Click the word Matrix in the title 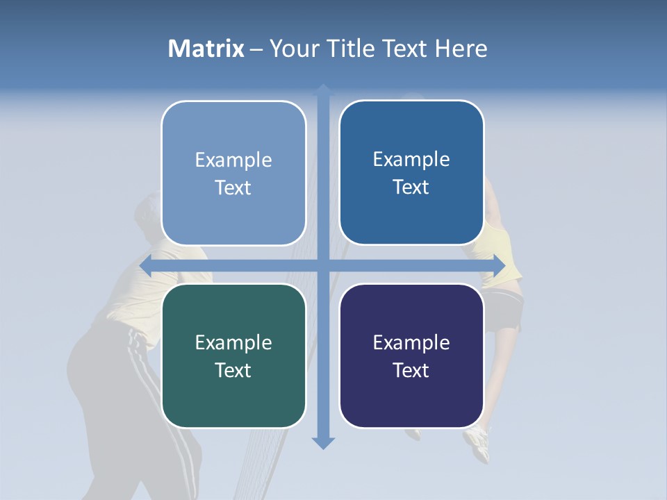[206, 49]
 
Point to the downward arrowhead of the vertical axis [323, 442]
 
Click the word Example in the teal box [233, 342]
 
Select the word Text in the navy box [411, 370]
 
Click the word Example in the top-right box [411, 159]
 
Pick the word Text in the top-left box [233, 187]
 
